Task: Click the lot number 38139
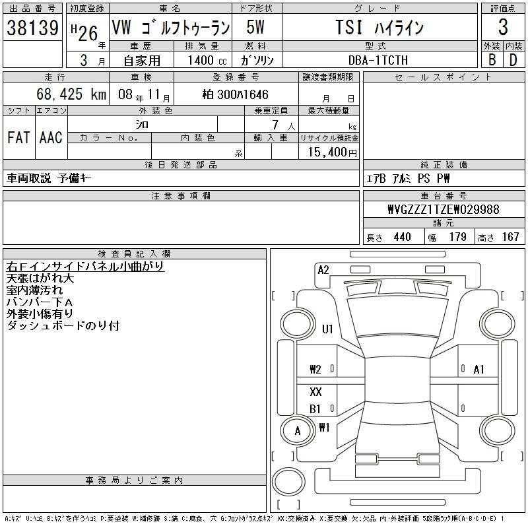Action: [32, 27]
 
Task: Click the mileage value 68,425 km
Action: [71, 94]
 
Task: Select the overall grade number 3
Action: [503, 27]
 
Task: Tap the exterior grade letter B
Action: [492, 59]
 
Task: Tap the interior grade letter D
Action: [513, 60]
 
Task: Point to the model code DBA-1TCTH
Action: [378, 60]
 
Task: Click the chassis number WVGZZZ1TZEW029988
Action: [444, 209]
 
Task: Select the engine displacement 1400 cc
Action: [207, 60]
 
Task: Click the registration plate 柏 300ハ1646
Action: [236, 94]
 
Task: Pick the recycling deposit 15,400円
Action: [333, 152]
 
